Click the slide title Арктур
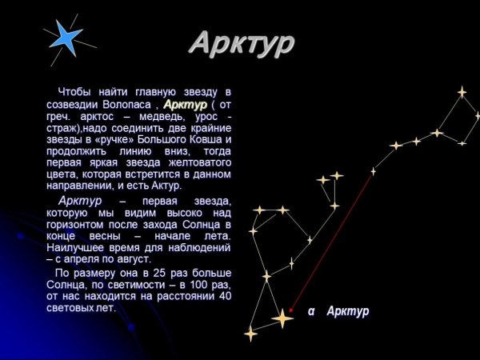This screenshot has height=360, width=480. point(241,44)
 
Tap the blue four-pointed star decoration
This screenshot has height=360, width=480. point(66,37)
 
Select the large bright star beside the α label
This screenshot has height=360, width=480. point(282,318)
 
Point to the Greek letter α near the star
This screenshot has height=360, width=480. point(312,311)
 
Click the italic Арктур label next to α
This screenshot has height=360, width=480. point(348,311)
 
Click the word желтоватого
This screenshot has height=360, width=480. point(200,162)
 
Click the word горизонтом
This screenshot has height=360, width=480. point(77,224)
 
